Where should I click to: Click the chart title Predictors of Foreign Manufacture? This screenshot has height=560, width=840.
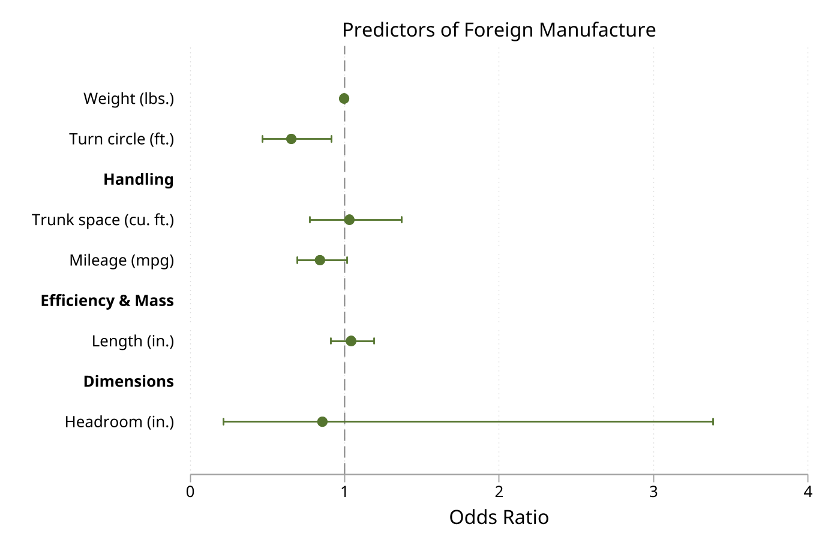499,29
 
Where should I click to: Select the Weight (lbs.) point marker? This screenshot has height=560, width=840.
344,98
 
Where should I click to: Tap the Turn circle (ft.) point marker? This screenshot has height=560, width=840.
291,139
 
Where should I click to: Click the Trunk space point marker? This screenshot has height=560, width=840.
349,220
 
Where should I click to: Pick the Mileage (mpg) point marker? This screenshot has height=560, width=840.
320,260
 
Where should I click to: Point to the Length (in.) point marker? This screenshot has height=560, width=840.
351,341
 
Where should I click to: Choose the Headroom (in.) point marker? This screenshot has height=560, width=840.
322,421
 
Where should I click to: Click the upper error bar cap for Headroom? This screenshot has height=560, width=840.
713,421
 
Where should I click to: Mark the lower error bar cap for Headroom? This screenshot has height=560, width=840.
224,421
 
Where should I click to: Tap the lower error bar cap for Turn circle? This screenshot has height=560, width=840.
263,139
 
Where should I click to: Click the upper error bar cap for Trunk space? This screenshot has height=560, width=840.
401,220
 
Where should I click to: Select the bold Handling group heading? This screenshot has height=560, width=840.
138,179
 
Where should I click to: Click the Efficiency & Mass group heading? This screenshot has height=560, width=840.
107,301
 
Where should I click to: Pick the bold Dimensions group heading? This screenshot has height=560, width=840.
128,381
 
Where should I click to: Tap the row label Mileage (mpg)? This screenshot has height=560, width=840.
121,260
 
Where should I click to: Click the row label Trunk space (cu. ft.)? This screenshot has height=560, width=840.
103,220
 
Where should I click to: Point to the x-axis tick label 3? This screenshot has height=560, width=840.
653,492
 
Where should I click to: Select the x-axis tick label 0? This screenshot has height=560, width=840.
190,492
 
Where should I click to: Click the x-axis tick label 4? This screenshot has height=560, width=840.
808,492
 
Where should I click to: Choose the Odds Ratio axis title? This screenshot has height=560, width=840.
499,517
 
